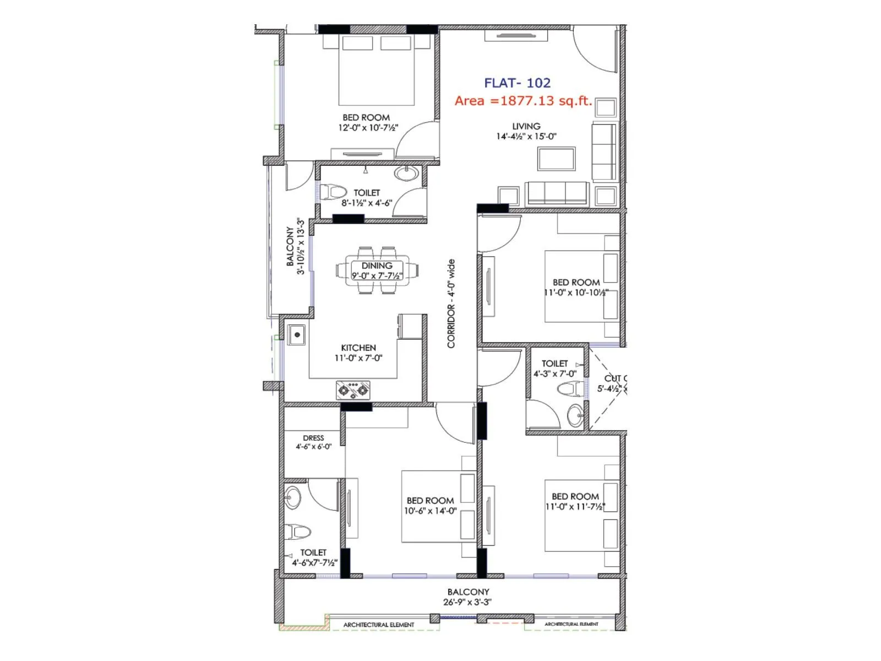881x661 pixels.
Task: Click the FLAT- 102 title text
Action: pos(517,83)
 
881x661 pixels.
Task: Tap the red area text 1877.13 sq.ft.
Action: pos(523,101)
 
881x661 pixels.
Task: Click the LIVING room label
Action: pos(526,131)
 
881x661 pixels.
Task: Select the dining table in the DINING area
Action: pos(377,270)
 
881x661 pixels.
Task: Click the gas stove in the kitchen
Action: pos(353,390)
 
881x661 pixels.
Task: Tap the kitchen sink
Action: pos(297,335)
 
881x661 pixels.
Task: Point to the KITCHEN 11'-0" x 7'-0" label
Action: pos(358,353)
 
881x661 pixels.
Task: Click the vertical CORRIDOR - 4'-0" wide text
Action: pos(452,304)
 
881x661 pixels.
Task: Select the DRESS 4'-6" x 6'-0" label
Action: pos(313,442)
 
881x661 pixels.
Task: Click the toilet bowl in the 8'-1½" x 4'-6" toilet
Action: pos(333,192)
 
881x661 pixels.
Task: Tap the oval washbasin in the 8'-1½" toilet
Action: pos(406,173)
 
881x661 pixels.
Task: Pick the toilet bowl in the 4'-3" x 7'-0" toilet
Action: pos(569,389)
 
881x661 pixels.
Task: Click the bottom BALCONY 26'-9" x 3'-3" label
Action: pos(468,597)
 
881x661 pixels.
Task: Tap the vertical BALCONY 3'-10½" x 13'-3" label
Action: pos(295,246)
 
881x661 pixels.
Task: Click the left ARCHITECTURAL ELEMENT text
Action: pos(379,625)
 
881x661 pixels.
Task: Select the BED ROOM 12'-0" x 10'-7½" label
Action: pos(367,122)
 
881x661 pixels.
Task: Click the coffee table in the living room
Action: pos(557,159)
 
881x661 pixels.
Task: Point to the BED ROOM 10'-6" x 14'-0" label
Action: pos(431,506)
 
